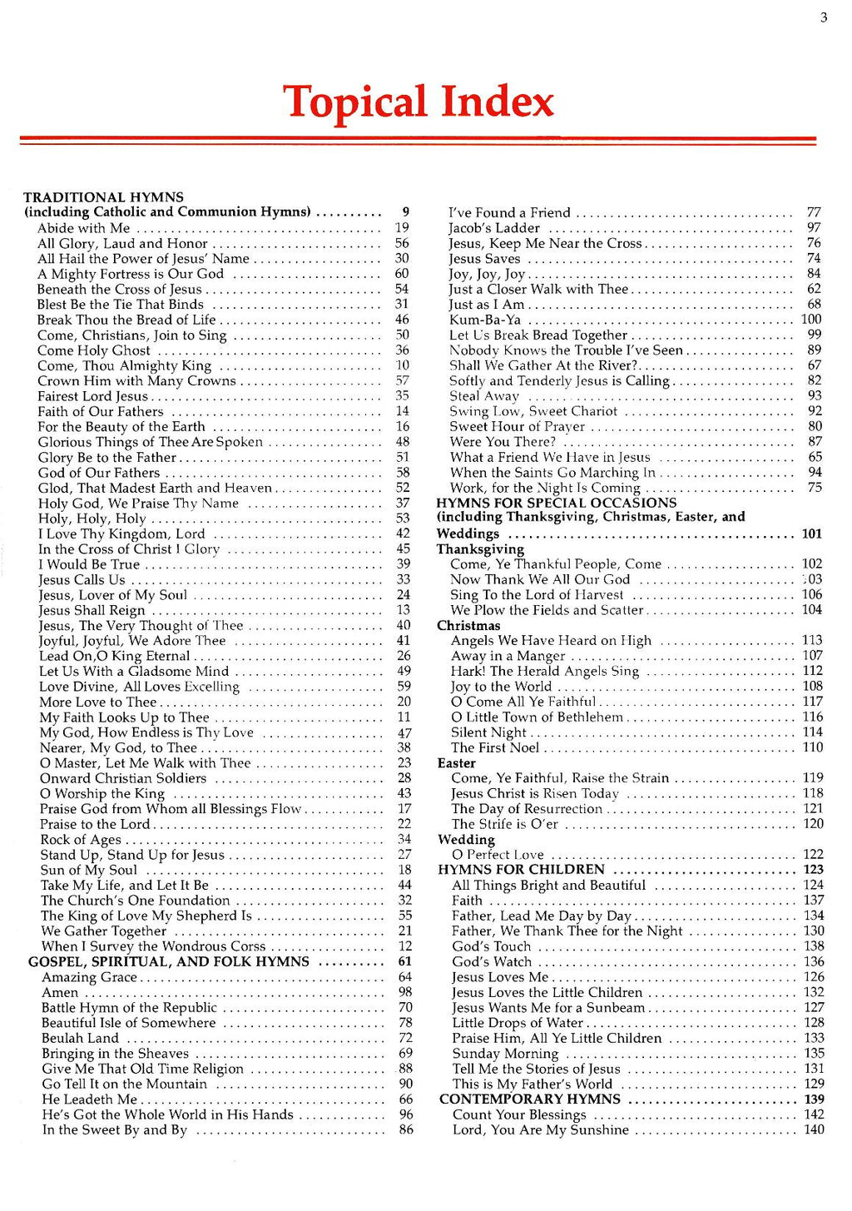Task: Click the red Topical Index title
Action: tap(419, 102)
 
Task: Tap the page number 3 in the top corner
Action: tap(824, 17)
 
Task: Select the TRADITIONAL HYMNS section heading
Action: tap(103, 197)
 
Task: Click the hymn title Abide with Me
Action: tap(83, 228)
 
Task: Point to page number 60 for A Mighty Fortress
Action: tap(402, 274)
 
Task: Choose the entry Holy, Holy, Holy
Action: tap(92, 519)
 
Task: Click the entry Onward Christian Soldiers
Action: tap(123, 778)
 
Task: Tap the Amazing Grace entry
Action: tap(89, 977)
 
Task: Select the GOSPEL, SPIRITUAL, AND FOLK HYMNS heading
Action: tap(169, 961)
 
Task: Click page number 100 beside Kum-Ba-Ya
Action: tap(811, 320)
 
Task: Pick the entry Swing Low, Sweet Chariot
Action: tap(533, 411)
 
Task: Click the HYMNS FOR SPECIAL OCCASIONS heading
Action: tap(557, 503)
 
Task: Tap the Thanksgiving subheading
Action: tap(480, 549)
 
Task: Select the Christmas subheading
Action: tap(468, 626)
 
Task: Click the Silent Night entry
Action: tap(488, 732)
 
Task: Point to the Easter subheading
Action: tap(457, 763)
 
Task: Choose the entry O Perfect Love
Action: tap(498, 855)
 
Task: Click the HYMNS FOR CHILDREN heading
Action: tap(522, 870)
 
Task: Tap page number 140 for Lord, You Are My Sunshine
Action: tap(814, 1129)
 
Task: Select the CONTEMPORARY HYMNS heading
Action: tap(530, 1099)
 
